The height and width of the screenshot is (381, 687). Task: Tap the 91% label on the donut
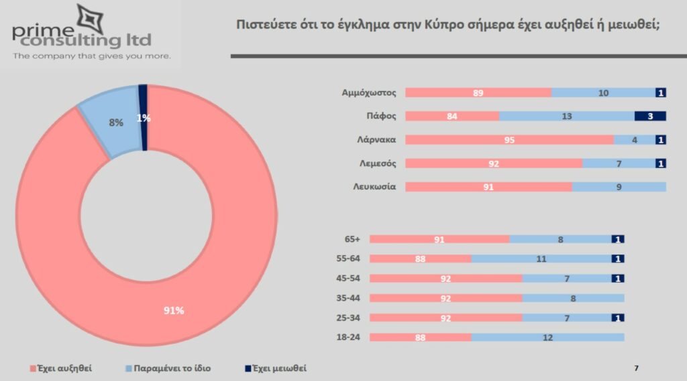pyautogui.click(x=174, y=310)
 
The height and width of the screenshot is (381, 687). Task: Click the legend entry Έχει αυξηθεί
pyautogui.click(x=61, y=368)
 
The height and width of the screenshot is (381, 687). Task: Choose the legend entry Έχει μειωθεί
pyautogui.click(x=278, y=368)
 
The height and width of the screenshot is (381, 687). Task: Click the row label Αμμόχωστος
pyautogui.click(x=370, y=93)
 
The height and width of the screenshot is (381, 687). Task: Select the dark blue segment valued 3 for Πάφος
pyautogui.click(x=649, y=116)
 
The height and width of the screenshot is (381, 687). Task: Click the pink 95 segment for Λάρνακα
pyautogui.click(x=509, y=140)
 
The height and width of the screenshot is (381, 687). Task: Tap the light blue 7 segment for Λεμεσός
pyautogui.click(x=619, y=163)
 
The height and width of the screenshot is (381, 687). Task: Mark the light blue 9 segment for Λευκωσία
pyautogui.click(x=619, y=187)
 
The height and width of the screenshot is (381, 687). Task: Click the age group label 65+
pyautogui.click(x=351, y=239)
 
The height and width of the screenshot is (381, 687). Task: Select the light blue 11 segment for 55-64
pyautogui.click(x=541, y=258)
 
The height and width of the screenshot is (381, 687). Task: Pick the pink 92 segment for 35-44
pyautogui.click(x=445, y=298)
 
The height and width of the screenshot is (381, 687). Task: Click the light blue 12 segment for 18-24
pyautogui.click(x=547, y=337)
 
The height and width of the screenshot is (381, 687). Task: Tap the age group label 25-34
pyautogui.click(x=348, y=317)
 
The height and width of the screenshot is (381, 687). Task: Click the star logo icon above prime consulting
pyautogui.click(x=91, y=18)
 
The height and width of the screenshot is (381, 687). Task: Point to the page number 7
pyautogui.click(x=636, y=368)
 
